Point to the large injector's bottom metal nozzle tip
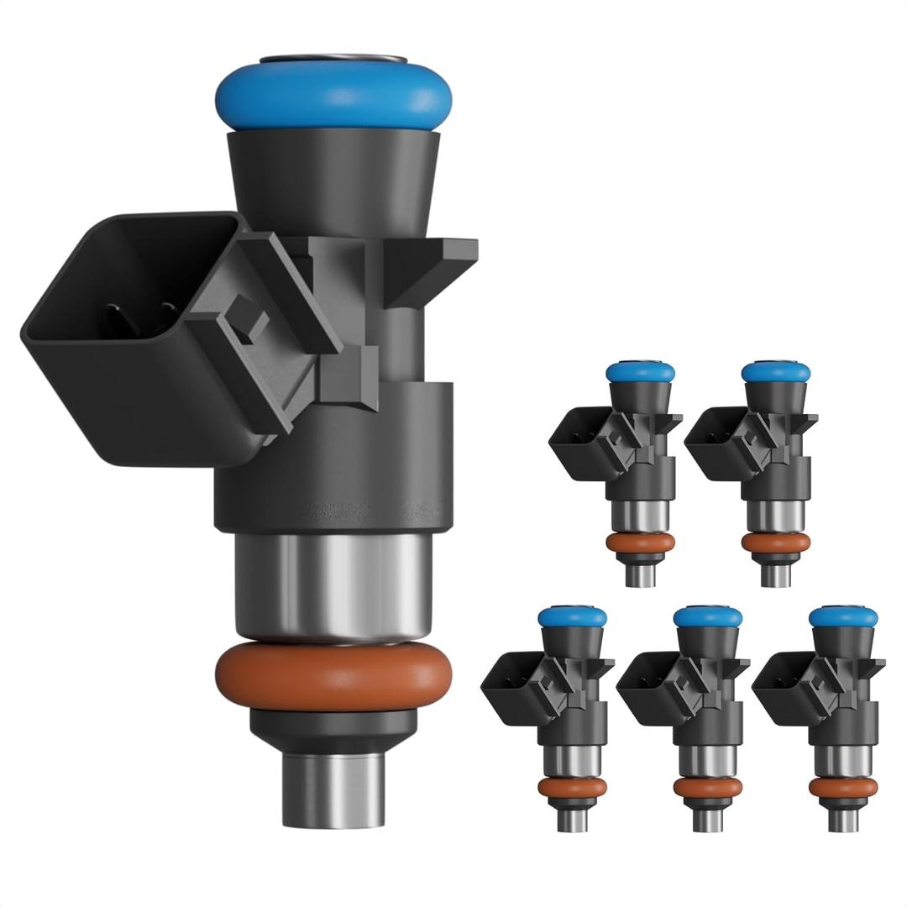[333, 789]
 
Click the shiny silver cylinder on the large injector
[333, 584]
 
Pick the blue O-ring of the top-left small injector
[640, 372]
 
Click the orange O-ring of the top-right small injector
[776, 543]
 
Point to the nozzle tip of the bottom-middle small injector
[708, 820]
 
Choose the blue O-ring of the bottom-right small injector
[844, 617]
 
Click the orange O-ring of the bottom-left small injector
[572, 788]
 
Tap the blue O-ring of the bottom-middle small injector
[708, 617]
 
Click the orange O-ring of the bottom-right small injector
[844, 788]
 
